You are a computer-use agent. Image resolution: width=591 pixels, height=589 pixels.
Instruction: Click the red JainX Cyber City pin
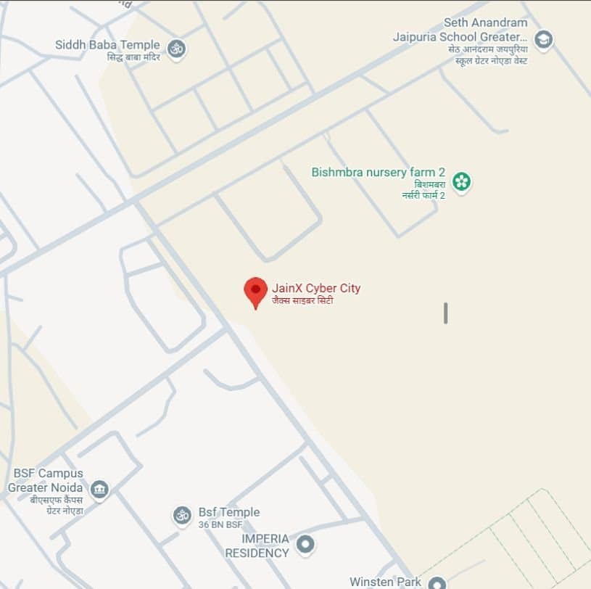coord(255,290)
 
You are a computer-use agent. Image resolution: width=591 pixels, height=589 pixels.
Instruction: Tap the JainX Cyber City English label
coord(316,288)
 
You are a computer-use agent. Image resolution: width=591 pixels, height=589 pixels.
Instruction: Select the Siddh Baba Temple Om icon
coord(176,49)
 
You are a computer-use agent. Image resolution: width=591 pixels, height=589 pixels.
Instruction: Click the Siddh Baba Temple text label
coord(107,45)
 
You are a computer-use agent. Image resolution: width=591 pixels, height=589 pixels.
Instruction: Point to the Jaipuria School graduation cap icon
coord(543,39)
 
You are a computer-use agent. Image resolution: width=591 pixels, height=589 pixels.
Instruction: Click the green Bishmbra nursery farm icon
coord(461,181)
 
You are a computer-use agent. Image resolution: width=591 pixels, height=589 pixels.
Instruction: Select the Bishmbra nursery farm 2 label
coord(378,172)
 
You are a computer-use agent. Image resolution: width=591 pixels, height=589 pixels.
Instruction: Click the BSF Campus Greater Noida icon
coord(99,490)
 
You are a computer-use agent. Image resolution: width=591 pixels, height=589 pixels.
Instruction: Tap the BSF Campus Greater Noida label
coord(46,480)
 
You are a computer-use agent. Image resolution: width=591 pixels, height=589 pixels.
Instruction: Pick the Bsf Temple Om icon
coord(181,516)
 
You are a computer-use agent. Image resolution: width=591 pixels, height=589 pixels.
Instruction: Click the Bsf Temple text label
coord(229,512)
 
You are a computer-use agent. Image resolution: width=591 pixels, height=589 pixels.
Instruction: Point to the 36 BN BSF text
coord(219,524)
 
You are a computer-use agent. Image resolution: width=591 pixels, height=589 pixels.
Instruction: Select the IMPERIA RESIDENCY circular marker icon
coord(306,544)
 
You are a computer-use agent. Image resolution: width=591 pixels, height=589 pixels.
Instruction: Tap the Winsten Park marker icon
coord(437,582)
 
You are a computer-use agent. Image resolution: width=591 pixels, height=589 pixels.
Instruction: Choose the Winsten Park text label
coord(386,582)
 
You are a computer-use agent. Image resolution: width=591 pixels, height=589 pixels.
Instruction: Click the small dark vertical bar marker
coord(445,313)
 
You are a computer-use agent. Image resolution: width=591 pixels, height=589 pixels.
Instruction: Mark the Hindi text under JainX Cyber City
coord(302,300)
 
